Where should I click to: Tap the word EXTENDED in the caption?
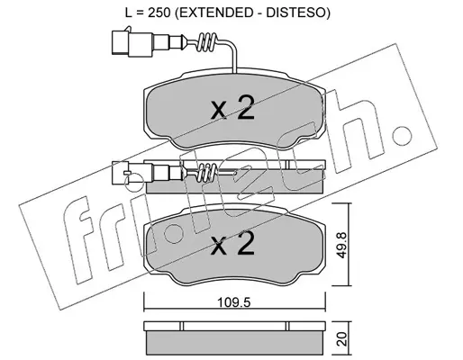click(213, 12)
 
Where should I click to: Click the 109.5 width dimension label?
click(233, 303)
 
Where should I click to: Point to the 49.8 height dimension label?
click(341, 245)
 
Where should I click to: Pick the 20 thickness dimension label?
click(341, 338)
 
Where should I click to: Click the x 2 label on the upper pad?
click(232, 108)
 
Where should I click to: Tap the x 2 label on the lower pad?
click(232, 244)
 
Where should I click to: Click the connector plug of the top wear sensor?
click(132, 42)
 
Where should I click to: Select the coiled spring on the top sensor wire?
click(206, 42)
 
